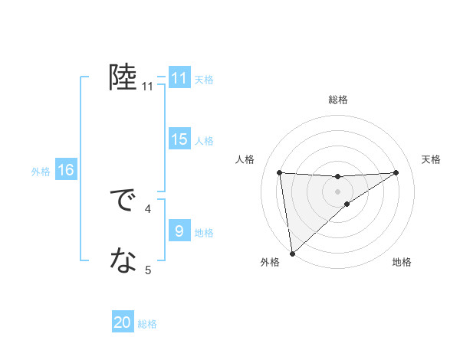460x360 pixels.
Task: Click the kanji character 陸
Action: (x=123, y=78)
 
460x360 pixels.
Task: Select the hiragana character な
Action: (x=123, y=262)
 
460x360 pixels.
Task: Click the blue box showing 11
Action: (x=179, y=78)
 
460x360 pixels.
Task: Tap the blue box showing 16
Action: (x=66, y=170)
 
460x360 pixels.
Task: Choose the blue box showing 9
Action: (x=179, y=231)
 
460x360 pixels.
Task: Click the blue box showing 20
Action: (x=123, y=322)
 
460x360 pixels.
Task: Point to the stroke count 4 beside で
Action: (x=148, y=208)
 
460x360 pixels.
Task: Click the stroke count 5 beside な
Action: (x=148, y=270)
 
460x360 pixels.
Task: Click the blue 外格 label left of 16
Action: (x=41, y=172)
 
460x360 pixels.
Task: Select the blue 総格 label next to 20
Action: (x=148, y=324)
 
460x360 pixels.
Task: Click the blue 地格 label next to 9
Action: (x=205, y=232)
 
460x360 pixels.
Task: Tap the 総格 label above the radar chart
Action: (x=338, y=100)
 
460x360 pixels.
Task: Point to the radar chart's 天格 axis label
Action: (x=431, y=159)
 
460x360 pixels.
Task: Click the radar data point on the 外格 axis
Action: (x=291, y=254)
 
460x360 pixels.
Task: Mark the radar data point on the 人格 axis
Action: (x=280, y=172)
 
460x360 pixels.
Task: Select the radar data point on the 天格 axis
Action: (x=396, y=172)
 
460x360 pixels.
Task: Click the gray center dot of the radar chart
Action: (x=338, y=191)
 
